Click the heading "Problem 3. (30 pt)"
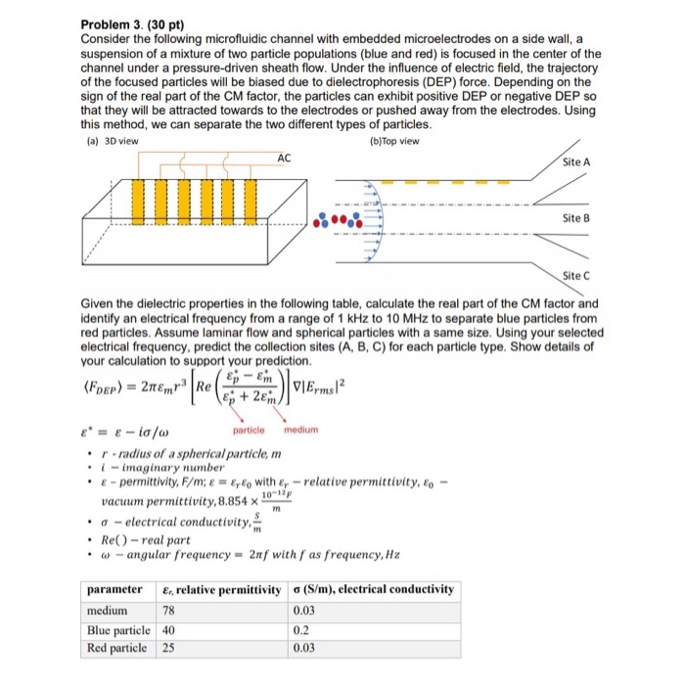(129, 23)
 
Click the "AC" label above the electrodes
(284, 158)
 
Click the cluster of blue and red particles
(331, 219)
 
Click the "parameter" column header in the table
(115, 589)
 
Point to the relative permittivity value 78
(167, 609)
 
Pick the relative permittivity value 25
(167, 647)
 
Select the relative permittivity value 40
(167, 628)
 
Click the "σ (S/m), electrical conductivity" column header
(373, 589)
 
